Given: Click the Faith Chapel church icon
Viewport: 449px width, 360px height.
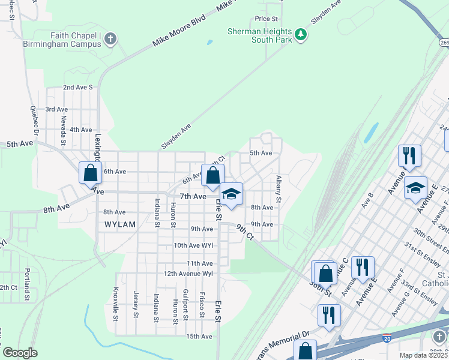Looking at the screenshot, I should point(110,40).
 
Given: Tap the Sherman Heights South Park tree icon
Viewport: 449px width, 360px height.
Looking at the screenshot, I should point(301,36).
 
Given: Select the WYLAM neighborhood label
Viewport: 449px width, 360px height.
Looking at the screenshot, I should point(120,224).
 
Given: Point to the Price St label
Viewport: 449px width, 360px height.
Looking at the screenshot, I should point(267,19).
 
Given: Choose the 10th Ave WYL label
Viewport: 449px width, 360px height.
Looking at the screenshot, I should point(193,245).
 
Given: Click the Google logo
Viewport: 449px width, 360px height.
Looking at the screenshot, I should point(20,353).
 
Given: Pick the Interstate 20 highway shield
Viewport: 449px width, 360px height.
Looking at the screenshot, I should point(388,338).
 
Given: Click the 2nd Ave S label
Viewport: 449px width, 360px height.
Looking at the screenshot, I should point(78,87).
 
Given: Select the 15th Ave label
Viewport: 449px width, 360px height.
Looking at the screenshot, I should point(199,337).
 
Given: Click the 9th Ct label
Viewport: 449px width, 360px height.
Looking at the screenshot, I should point(245,232).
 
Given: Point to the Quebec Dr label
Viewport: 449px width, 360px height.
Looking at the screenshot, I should point(35,122).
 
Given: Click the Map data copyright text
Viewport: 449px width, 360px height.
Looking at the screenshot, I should point(424,355).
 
